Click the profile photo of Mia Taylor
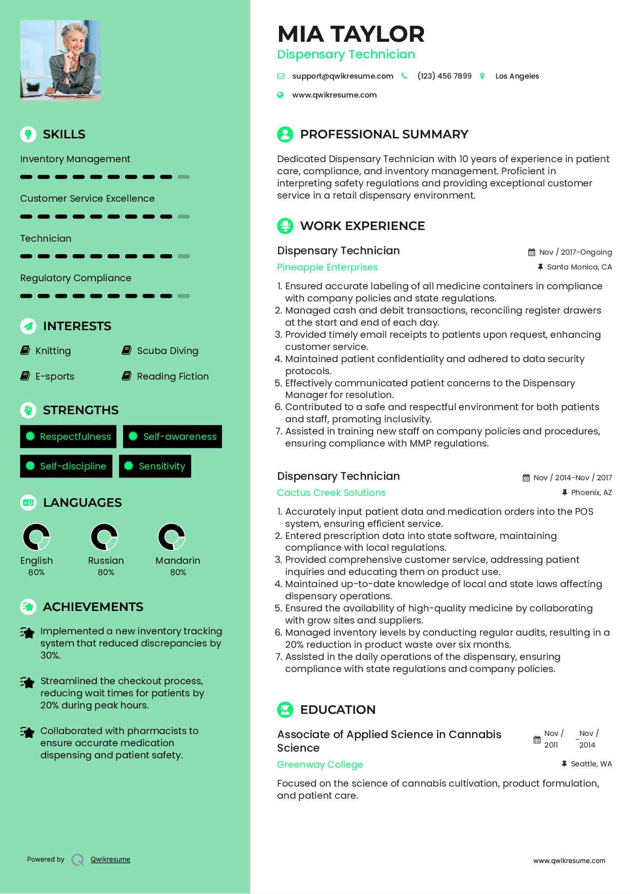click(x=60, y=60)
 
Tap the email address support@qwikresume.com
click(x=342, y=76)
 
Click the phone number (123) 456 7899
click(x=444, y=76)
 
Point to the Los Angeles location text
click(x=517, y=76)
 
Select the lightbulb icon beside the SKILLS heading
click(x=28, y=134)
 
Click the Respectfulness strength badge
click(x=68, y=437)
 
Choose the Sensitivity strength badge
click(x=155, y=466)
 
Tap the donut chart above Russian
click(x=104, y=537)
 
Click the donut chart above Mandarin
click(x=172, y=537)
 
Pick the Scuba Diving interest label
click(x=167, y=351)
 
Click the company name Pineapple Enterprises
click(x=327, y=267)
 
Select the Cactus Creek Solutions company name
click(x=331, y=493)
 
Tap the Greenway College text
click(x=320, y=765)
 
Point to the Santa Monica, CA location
click(x=579, y=267)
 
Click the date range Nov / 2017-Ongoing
click(x=575, y=252)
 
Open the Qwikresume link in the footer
click(x=110, y=859)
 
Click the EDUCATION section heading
click(x=337, y=710)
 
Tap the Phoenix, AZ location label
click(x=591, y=492)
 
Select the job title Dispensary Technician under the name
click(x=346, y=54)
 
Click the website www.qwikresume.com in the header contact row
click(x=334, y=95)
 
